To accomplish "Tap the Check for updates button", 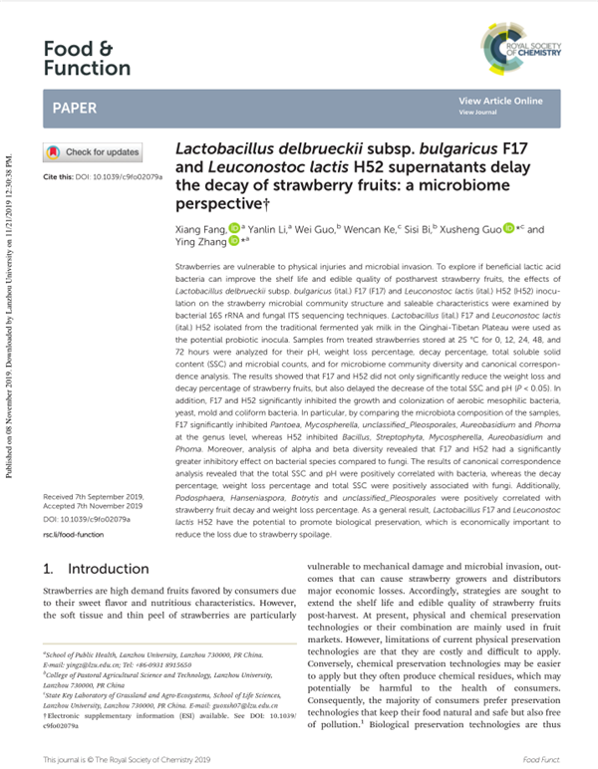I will (x=93, y=152).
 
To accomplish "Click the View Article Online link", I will (x=500, y=102).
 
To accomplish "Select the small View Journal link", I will (x=477, y=113).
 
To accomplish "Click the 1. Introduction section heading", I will (x=97, y=569).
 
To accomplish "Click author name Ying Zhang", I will (x=202, y=242).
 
